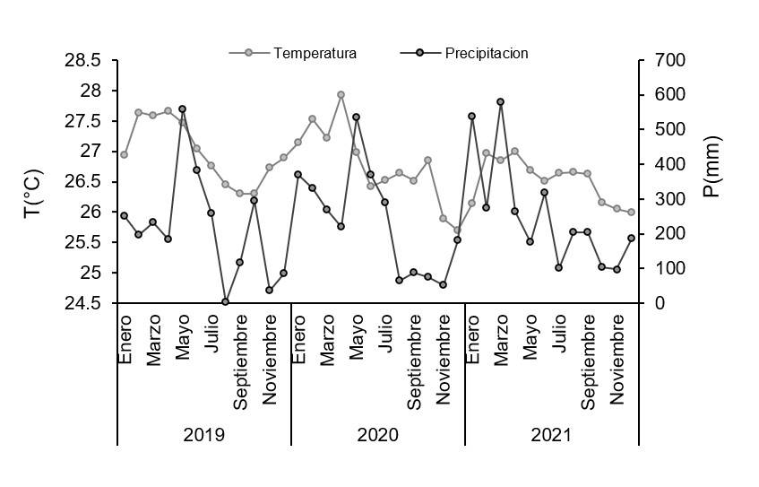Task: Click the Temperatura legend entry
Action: [315, 53]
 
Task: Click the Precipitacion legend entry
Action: [486, 53]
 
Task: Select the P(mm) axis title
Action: [712, 167]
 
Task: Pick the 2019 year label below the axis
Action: [203, 435]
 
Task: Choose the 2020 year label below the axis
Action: [377, 435]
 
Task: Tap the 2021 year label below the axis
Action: [551, 435]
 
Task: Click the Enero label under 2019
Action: [125, 338]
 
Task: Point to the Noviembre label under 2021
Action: [617, 358]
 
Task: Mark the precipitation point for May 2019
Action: [182, 109]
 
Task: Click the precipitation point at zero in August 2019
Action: [225, 302]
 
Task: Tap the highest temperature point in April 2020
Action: [341, 94]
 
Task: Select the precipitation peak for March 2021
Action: [500, 101]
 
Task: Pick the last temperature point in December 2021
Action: [631, 213]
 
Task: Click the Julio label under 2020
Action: [385, 334]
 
